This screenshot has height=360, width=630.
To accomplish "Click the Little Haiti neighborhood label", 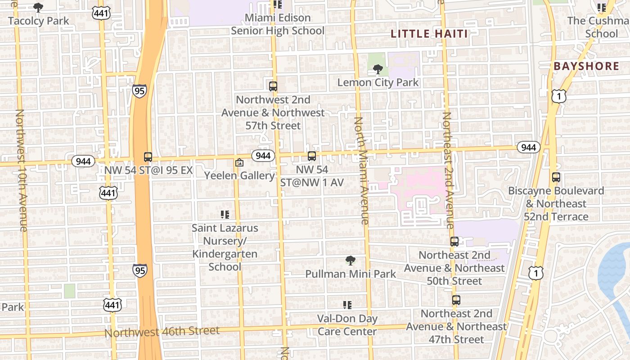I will point(429,34).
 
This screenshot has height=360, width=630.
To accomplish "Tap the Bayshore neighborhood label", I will point(586,66).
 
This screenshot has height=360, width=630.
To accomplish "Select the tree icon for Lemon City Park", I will point(378,69).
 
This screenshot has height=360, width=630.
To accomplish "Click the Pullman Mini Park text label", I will point(351,274).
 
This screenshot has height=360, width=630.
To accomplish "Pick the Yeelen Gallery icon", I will point(239,162).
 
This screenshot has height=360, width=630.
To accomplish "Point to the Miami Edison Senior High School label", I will point(277,24).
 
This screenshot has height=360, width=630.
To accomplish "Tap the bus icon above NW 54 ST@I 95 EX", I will point(148,157).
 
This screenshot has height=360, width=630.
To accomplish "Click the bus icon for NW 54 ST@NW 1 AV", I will point(311,156).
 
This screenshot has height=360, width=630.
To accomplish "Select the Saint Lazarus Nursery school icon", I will point(225,215).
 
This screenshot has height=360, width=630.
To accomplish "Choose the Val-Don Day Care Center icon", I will point(347,305).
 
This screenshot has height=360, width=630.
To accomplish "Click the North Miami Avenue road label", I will point(362,171).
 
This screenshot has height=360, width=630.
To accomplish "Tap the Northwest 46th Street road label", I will point(162,332).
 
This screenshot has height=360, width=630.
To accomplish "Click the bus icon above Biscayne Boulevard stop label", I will point(556,177).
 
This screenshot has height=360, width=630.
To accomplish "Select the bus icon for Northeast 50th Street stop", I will point(454,242).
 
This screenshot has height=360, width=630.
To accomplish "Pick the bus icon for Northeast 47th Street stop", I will point(456,300).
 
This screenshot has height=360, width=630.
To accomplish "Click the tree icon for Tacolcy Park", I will point(38,8).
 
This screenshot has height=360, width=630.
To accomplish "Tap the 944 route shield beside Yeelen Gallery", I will point(263,156).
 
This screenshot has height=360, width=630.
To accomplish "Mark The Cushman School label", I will point(598,27).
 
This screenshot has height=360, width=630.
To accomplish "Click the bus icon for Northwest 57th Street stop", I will point(273,86).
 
